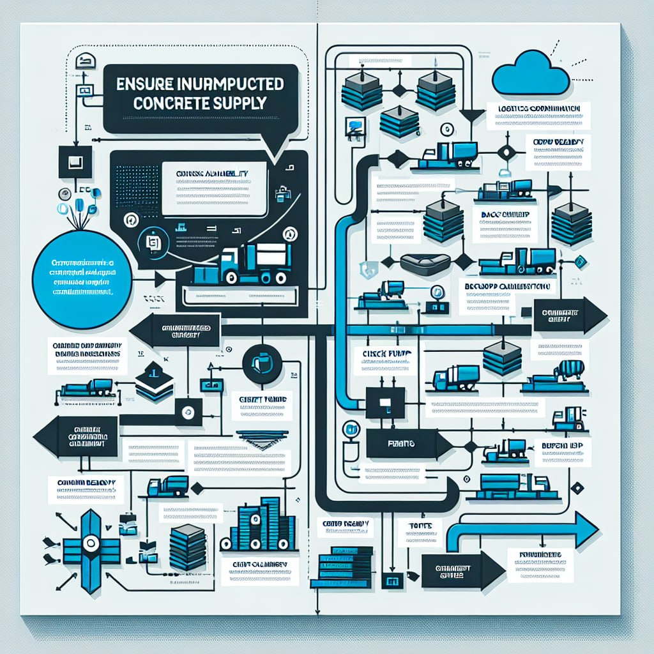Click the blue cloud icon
pos(531,74)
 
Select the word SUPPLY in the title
pos(243,105)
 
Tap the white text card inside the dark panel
pos(213,188)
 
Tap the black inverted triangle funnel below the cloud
pos(472,116)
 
